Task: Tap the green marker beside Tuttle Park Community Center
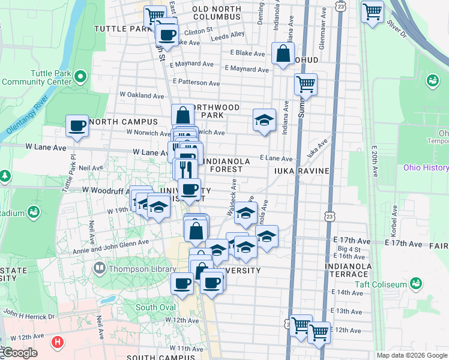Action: point(81,76)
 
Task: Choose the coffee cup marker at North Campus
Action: point(77,127)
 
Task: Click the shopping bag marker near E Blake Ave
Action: point(282,54)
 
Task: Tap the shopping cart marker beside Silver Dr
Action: point(372,10)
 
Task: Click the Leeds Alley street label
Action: point(229,35)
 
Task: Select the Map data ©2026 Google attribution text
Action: point(412,355)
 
